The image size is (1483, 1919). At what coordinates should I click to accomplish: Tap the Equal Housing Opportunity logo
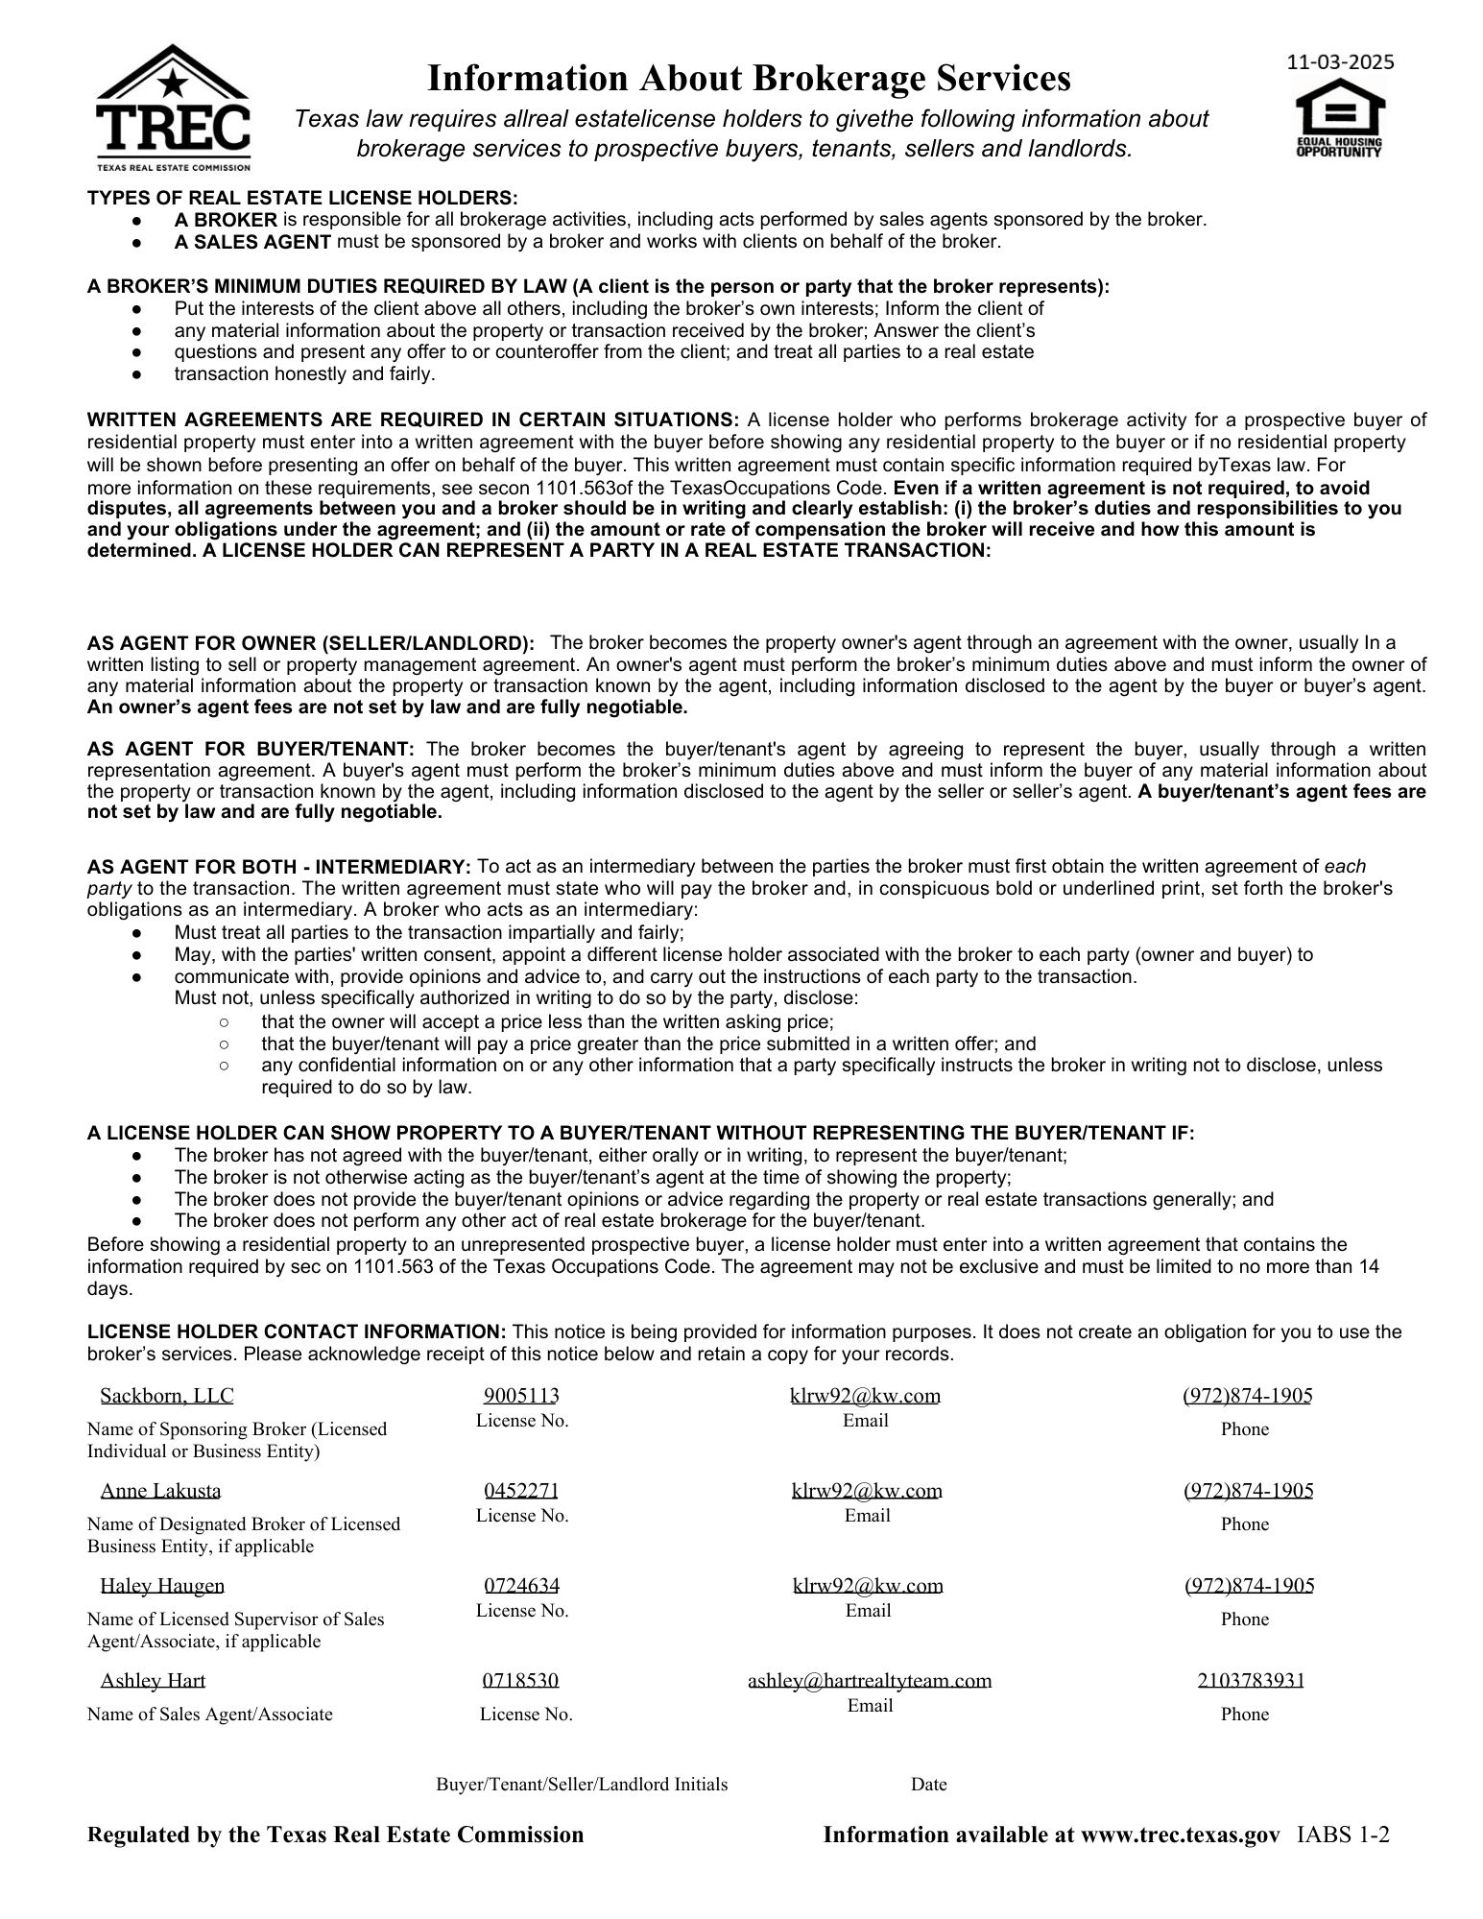[1340, 119]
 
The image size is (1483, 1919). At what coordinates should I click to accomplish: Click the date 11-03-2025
[1340, 62]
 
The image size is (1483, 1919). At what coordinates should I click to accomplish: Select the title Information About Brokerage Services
[748, 78]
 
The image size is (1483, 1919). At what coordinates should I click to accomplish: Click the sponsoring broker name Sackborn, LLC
[167, 1395]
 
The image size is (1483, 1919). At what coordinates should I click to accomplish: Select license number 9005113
[521, 1395]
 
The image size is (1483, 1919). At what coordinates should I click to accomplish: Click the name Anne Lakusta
[160, 1490]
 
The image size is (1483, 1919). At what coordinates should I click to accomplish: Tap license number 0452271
[521, 1490]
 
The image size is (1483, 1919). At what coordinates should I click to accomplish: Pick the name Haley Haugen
[162, 1585]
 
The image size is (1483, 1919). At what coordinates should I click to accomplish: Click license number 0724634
[521, 1585]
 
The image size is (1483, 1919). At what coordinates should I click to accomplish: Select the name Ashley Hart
[153, 1680]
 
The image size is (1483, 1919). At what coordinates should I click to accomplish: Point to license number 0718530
[520, 1680]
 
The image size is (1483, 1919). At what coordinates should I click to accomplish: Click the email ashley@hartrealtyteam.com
[870, 1680]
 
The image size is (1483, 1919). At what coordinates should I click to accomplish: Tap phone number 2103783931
[1250, 1680]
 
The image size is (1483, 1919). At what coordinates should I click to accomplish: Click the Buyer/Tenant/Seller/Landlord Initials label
[582, 1784]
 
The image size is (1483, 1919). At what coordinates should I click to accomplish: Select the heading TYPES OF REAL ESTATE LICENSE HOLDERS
[302, 198]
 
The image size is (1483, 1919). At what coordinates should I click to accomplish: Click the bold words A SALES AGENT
[252, 242]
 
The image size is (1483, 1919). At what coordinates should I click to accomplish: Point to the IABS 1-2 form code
[1343, 1835]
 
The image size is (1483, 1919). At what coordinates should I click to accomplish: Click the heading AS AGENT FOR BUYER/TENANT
[251, 749]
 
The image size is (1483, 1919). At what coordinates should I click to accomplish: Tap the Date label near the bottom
[928, 1784]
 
